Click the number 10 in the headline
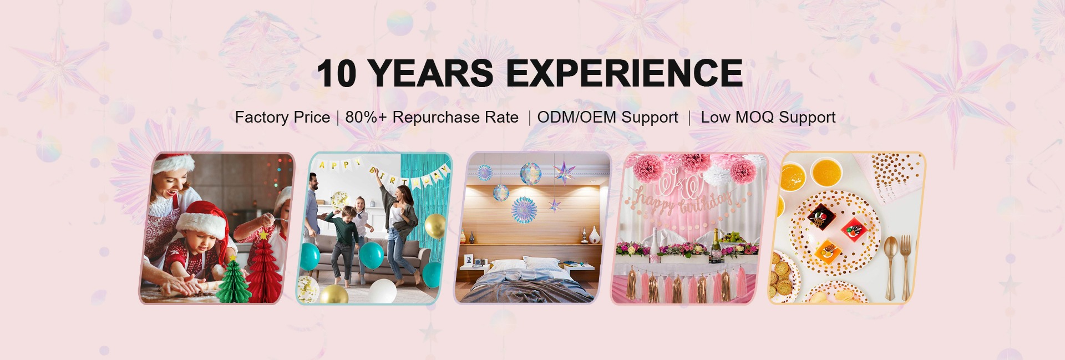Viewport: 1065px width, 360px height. [x=336, y=73]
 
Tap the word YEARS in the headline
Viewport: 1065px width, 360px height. [x=430, y=73]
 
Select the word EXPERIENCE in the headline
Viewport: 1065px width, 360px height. [x=625, y=73]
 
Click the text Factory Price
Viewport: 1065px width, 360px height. [x=282, y=117]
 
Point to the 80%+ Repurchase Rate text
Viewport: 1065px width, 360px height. [x=432, y=117]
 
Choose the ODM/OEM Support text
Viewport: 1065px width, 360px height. [x=607, y=117]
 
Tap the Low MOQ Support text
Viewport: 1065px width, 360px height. [x=768, y=117]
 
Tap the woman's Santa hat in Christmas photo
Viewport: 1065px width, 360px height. [x=174, y=164]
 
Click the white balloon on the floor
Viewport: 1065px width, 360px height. [x=383, y=291]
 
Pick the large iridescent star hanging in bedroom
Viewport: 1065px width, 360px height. [x=565, y=173]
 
